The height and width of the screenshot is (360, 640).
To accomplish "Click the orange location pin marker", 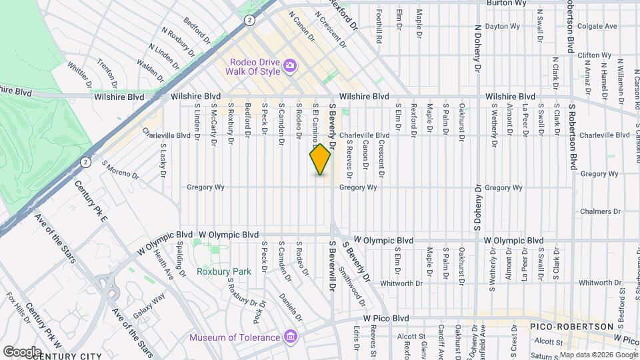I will pyautogui.click(x=320, y=160).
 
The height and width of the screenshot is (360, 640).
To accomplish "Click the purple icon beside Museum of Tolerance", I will pyautogui.click(x=289, y=337).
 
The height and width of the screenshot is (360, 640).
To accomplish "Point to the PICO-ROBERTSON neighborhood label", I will pyautogui.click(x=571, y=327).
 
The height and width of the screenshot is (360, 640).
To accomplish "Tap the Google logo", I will pyautogui.click(x=21, y=351).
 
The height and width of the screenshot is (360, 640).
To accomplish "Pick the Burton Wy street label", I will pyautogui.click(x=506, y=3).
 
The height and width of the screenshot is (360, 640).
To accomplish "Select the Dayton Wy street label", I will pyautogui.click(x=501, y=27).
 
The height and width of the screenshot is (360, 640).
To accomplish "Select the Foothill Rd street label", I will pyautogui.click(x=379, y=28).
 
